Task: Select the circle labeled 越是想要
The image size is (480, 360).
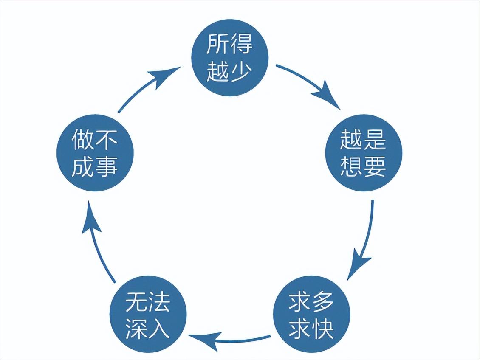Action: (x=363, y=152)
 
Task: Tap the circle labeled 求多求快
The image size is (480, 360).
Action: (x=311, y=315)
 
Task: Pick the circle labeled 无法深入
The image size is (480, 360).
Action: (x=148, y=315)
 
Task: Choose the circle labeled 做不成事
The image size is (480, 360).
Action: (x=95, y=152)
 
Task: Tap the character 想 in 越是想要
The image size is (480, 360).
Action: (x=351, y=166)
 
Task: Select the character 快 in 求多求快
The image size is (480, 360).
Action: (x=323, y=329)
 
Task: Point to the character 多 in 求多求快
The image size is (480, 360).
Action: (x=323, y=302)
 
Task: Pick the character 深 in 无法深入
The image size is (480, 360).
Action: (x=136, y=329)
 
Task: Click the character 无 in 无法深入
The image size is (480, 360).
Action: (x=136, y=302)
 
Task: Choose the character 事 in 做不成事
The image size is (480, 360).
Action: (x=107, y=166)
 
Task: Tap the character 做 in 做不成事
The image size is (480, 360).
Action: (x=83, y=140)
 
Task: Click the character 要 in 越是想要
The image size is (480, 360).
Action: (x=375, y=166)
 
